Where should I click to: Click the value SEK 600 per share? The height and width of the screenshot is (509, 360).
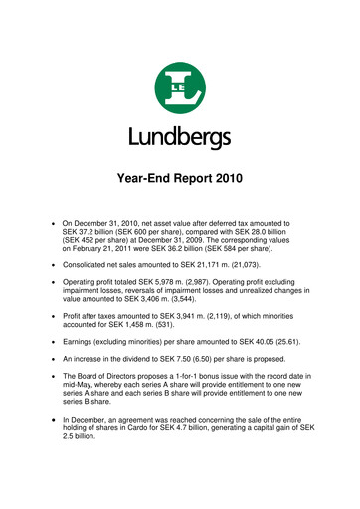pyautogui.click(x=154, y=235)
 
